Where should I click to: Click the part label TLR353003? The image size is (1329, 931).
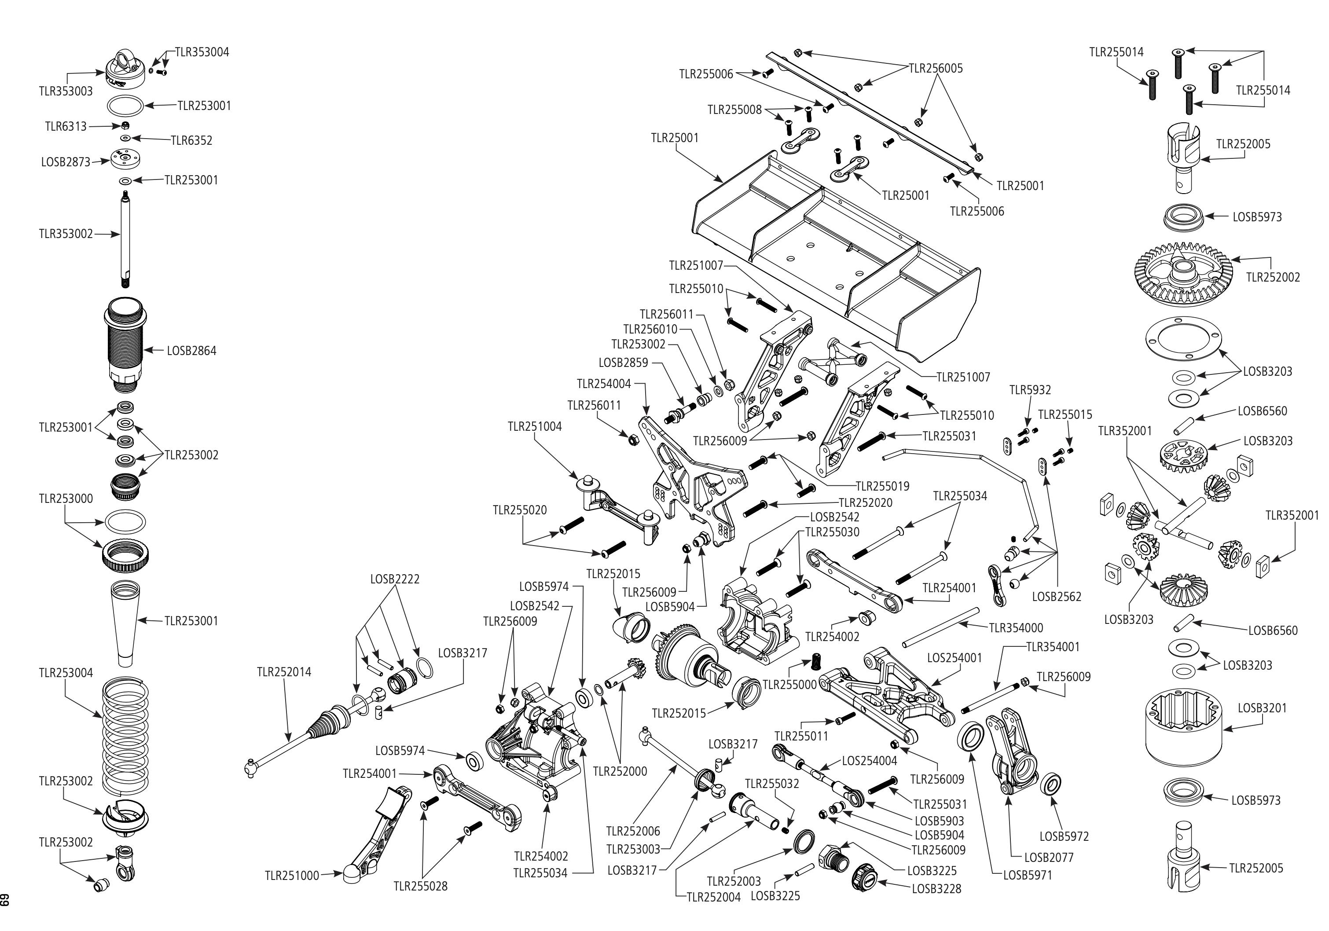[66, 92]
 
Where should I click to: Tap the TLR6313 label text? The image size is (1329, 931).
[66, 127]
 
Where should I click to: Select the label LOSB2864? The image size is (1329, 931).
[191, 351]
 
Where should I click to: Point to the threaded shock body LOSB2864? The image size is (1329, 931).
[125, 341]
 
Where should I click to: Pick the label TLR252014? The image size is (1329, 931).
[284, 672]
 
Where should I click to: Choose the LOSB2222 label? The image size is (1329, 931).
[395, 579]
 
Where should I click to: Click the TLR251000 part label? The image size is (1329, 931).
[292, 876]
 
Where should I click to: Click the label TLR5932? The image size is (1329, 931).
[1030, 390]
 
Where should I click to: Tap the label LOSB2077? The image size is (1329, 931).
[1048, 858]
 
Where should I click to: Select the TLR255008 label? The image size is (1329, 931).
[734, 110]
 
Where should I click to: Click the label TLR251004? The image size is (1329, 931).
[534, 426]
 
